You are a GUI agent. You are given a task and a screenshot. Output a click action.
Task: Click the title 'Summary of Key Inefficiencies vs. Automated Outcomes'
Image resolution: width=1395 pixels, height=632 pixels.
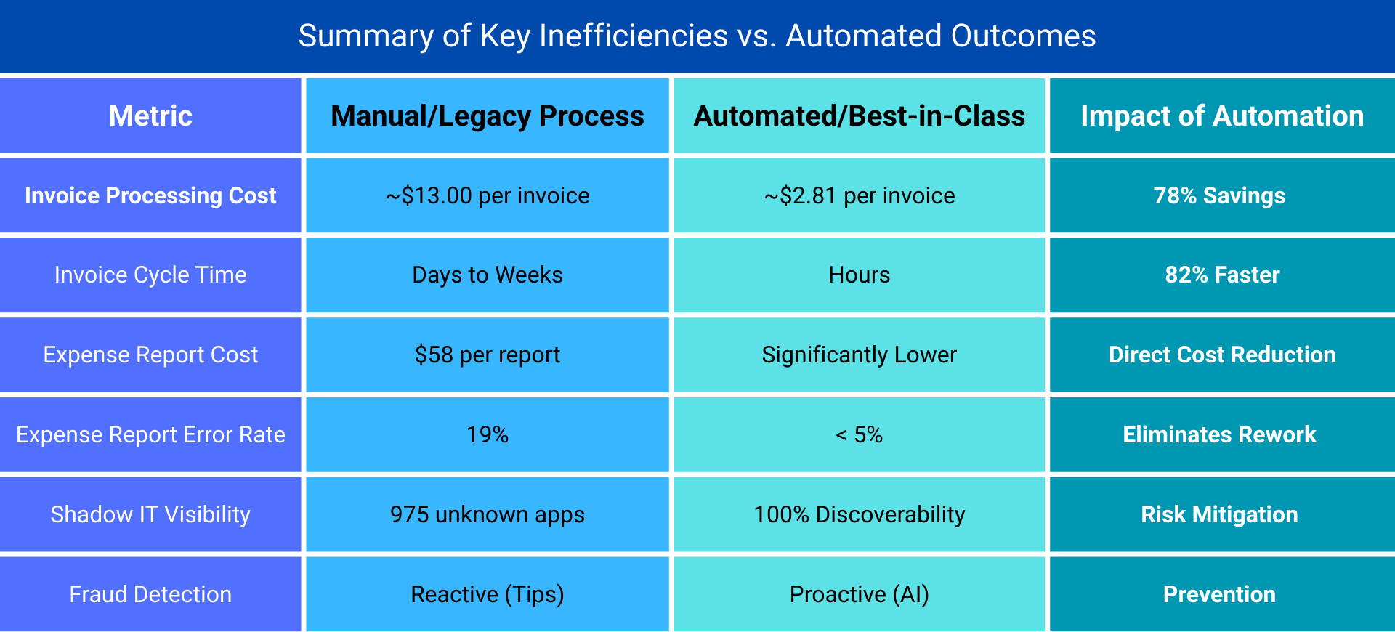[697, 36]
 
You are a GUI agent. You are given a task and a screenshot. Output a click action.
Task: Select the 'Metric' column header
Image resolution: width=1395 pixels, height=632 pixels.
[150, 116]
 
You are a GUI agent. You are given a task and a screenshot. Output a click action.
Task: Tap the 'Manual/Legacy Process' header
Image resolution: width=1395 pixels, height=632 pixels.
[487, 116]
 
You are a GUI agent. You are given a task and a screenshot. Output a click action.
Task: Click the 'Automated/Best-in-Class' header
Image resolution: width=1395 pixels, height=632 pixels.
[859, 116]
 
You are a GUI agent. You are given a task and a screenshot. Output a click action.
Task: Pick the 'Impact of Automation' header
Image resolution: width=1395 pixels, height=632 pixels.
[1221, 116]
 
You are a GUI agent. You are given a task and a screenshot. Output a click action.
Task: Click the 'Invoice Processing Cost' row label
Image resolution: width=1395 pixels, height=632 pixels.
[150, 195]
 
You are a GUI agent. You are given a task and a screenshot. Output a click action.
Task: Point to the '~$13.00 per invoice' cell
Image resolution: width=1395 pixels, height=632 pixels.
[487, 195]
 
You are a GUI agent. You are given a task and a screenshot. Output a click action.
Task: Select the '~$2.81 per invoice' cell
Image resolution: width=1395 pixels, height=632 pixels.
[859, 195]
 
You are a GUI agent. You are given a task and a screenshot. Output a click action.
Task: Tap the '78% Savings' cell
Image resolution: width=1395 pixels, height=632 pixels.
[1219, 195]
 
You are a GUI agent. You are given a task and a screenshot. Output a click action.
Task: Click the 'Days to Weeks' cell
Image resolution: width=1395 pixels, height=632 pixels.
[487, 275]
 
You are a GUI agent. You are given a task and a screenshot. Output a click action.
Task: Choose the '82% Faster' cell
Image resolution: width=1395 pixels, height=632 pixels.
[1221, 275]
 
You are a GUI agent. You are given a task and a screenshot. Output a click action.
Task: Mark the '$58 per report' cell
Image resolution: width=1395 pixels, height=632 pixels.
[487, 355]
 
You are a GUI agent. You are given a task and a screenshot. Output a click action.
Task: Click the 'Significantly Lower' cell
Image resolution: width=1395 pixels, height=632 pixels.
[859, 355]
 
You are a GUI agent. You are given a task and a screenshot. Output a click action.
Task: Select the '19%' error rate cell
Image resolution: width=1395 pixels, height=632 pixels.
[487, 434]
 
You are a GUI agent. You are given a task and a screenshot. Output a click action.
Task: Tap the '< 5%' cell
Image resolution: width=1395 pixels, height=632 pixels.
[859, 434]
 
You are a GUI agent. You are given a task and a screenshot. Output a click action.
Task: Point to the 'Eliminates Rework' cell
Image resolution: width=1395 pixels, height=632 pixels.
[1219, 434]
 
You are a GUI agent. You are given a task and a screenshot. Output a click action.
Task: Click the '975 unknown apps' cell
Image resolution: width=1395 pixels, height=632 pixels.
[487, 514]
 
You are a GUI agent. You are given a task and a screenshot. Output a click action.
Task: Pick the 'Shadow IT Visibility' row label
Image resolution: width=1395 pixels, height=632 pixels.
[150, 514]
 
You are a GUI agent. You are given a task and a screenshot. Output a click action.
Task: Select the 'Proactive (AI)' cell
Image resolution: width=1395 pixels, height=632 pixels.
[859, 594]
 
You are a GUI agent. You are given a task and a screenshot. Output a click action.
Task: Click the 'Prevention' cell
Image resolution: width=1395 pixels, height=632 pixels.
[1219, 594]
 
